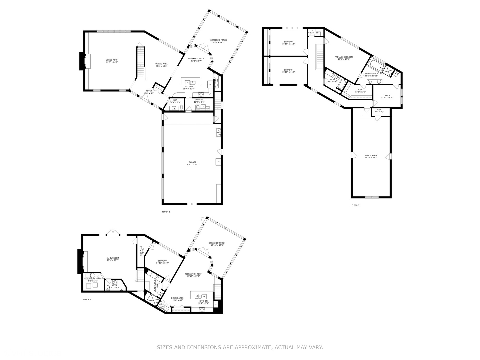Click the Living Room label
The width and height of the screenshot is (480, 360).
click(112, 60)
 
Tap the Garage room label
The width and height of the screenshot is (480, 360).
click(192, 162)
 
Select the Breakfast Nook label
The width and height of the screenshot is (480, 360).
click(196, 58)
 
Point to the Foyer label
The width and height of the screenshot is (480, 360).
click(149, 91)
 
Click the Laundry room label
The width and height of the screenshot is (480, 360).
click(199, 100)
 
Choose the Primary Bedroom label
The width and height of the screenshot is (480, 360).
click(343, 57)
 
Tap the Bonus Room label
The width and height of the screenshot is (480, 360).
click(371, 155)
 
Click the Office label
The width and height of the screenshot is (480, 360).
click(387, 96)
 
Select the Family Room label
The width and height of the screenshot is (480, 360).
click(113, 258)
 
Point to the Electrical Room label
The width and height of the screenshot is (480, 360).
click(93, 279)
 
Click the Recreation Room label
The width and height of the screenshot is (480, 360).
click(193, 274)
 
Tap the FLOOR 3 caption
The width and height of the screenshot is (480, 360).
click(355, 205)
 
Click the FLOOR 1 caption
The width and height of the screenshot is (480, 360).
click(87, 300)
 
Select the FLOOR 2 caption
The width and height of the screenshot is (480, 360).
click(166, 212)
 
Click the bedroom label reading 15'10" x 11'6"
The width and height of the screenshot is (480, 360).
click(288, 42)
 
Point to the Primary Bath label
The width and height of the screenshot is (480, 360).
click(371, 74)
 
